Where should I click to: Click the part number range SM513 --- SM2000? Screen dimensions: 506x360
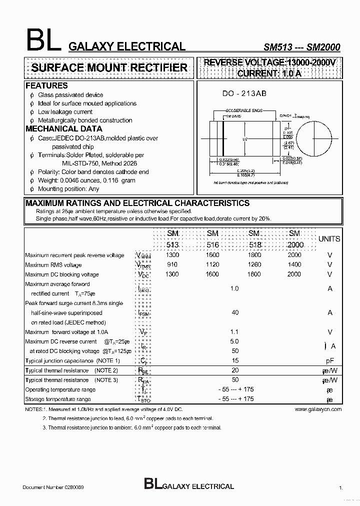(301, 47)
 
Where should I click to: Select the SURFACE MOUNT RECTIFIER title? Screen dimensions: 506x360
(109, 68)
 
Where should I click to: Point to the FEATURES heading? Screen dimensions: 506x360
(46, 86)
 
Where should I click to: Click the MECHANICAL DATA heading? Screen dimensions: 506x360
(63, 129)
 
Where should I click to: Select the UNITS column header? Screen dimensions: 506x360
(329, 239)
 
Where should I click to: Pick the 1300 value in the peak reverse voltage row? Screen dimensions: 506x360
(172, 255)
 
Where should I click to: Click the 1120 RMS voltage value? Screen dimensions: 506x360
(212, 264)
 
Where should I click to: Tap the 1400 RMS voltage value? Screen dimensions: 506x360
(294, 264)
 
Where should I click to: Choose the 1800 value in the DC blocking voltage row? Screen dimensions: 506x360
(253, 274)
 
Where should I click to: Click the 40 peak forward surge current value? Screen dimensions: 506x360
(235, 312)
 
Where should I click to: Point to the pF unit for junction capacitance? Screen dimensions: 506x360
(329, 360)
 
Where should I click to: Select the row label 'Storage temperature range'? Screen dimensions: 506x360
(58, 399)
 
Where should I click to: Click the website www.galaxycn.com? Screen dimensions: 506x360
(318, 409)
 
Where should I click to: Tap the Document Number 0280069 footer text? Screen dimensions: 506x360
(56, 486)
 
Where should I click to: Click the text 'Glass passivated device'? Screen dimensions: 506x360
(70, 95)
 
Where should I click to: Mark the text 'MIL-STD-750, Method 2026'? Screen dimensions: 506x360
(99, 163)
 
